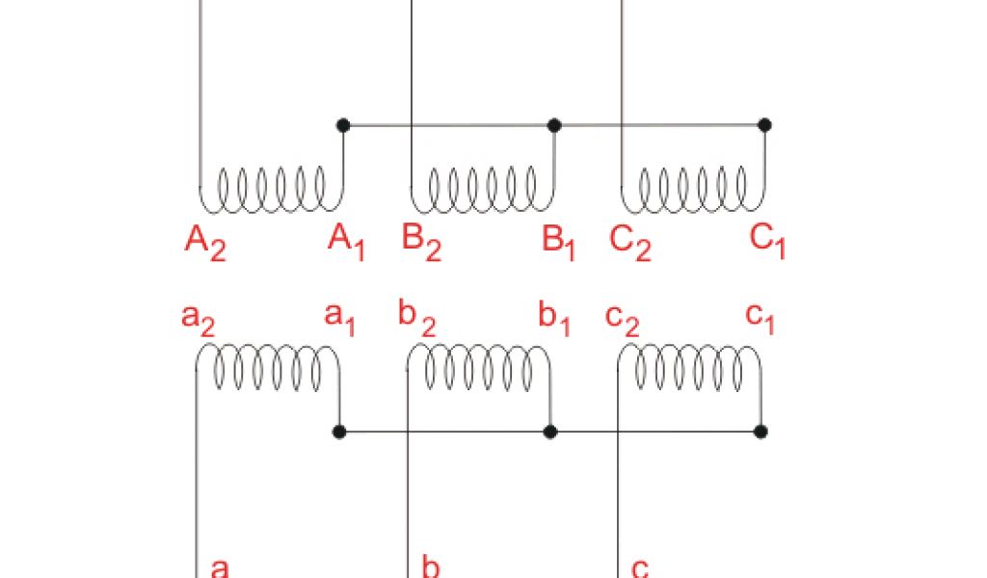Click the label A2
tap(204, 243)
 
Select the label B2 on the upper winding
tap(421, 242)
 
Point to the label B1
tap(559, 242)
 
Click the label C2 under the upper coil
tap(630, 243)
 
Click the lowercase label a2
tap(197, 318)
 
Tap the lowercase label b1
tap(554, 319)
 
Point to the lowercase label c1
tap(760, 318)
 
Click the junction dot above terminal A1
tap(341, 124)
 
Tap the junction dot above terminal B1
tap(554, 124)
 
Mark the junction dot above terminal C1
tap(764, 124)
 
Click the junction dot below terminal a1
tap(339, 431)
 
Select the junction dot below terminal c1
tap(760, 431)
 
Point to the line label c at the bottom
tap(641, 565)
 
